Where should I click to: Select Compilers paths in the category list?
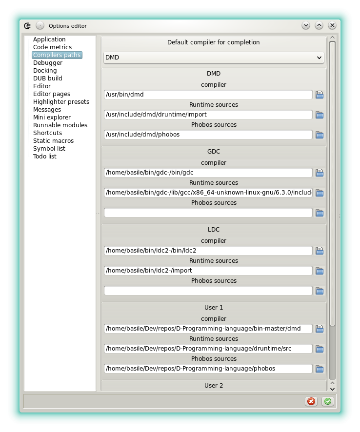coord(57,55)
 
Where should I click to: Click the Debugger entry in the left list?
coord(48,63)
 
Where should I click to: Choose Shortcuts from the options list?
coord(47,133)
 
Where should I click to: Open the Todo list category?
coord(45,157)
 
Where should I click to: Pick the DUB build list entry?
coord(48,79)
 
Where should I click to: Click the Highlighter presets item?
coord(61,102)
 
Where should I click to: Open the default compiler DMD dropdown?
coord(214,58)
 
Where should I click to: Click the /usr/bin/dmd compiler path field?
coord(208,95)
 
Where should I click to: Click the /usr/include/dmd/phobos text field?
coord(208,135)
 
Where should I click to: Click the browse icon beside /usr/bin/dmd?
coord(320,95)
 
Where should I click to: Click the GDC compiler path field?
coord(208,173)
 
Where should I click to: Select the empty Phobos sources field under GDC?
coord(208,213)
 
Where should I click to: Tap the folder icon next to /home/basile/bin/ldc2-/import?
coord(320,271)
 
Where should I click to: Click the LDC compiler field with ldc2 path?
coord(208,251)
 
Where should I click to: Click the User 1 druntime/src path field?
coord(208,349)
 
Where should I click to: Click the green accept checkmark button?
coord(328,401)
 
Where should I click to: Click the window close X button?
coord(332,25)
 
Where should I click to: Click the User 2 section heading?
coord(214,386)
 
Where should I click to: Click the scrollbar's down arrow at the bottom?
coord(332,389)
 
